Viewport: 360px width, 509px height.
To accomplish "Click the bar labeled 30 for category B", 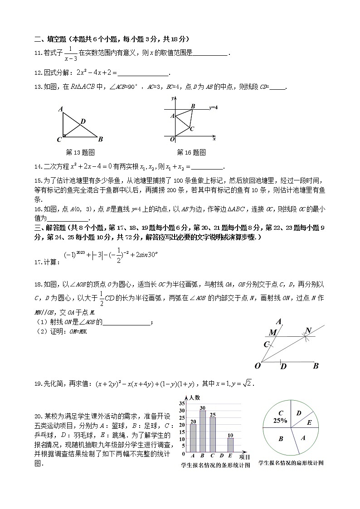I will coord(203,431).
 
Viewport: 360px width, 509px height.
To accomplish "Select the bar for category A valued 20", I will coord(193,438).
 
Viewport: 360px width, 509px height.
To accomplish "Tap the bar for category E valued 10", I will coord(230,445).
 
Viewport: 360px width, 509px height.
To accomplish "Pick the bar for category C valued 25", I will coord(212,434).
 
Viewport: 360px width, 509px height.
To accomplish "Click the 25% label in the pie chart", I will coord(280,420).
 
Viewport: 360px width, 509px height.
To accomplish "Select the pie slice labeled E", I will coord(309,422).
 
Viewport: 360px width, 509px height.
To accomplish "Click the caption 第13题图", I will coord(80,152).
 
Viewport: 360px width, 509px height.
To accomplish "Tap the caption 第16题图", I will coord(191,152).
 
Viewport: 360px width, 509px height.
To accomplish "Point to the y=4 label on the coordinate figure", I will coord(213,108).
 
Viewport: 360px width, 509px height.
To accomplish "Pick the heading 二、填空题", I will coord(50,39).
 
